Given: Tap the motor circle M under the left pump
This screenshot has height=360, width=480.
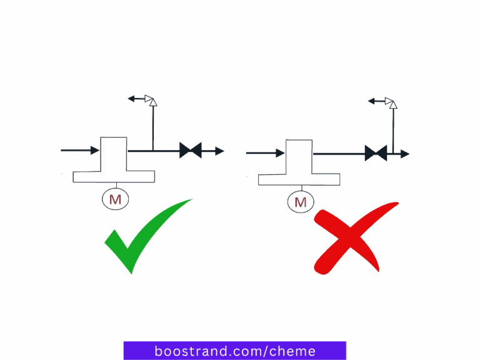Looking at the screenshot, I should click(115, 199).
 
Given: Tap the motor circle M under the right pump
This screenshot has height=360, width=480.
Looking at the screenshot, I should click(300, 201).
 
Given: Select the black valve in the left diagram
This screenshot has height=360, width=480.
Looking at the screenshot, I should click(190, 151).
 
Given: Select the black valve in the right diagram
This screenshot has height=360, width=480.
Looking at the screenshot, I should click(376, 153).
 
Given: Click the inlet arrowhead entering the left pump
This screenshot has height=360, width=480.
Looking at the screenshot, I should click(95, 151).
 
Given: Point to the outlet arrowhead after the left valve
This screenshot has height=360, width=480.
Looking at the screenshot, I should click(219, 151).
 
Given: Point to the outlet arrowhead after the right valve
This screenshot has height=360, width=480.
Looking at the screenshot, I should click(405, 153).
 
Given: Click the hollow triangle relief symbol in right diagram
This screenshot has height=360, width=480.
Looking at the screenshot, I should click(391, 101).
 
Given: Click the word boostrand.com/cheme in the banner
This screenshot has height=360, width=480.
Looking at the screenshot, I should click(234, 351).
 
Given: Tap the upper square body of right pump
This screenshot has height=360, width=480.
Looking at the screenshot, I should click(299, 156).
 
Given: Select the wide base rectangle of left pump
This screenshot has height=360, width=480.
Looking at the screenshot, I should click(114, 176).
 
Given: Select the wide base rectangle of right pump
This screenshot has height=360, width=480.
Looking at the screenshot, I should click(299, 179).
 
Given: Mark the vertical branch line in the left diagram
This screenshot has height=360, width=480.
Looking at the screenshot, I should click(152, 128).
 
